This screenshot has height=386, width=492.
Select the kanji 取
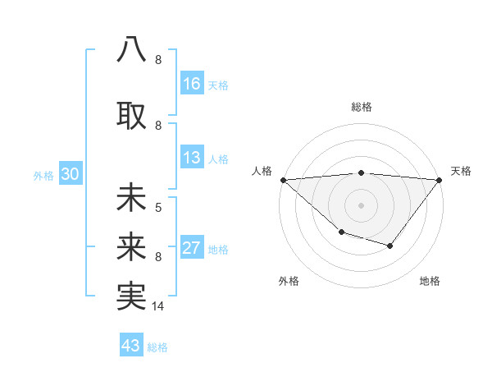(x=132, y=113)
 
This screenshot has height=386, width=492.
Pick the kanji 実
(x=132, y=296)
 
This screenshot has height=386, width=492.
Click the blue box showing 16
(x=192, y=83)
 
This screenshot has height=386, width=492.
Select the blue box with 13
(x=192, y=159)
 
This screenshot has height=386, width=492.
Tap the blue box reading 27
(x=192, y=248)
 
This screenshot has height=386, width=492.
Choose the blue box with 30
(x=70, y=174)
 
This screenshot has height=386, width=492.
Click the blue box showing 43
(x=131, y=346)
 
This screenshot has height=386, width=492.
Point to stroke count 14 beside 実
(x=159, y=306)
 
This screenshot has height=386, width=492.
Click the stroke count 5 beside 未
(x=158, y=207)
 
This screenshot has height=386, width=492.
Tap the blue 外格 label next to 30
(x=43, y=175)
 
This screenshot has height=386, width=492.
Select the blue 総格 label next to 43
(x=157, y=347)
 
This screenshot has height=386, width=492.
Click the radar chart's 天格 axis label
(x=461, y=171)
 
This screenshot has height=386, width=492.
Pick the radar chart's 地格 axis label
(x=430, y=281)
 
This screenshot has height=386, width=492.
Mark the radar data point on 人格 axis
(x=283, y=180)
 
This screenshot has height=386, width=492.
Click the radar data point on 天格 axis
(x=440, y=180)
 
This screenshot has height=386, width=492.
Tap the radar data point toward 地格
(x=390, y=246)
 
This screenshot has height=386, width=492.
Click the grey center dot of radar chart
(x=361, y=205)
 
